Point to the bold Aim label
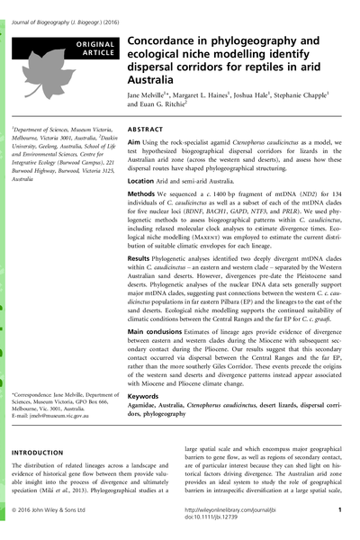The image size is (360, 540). click(135, 144)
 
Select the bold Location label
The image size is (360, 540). click(144, 181)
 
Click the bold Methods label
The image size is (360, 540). click(144, 194)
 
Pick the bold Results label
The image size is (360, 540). click(143, 259)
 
